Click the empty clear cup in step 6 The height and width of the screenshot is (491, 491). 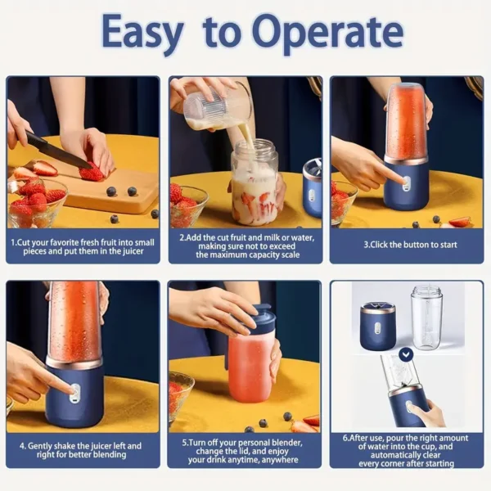point(426,317)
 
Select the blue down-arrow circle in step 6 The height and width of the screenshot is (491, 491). point(406,354)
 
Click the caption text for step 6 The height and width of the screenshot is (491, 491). point(407,449)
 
